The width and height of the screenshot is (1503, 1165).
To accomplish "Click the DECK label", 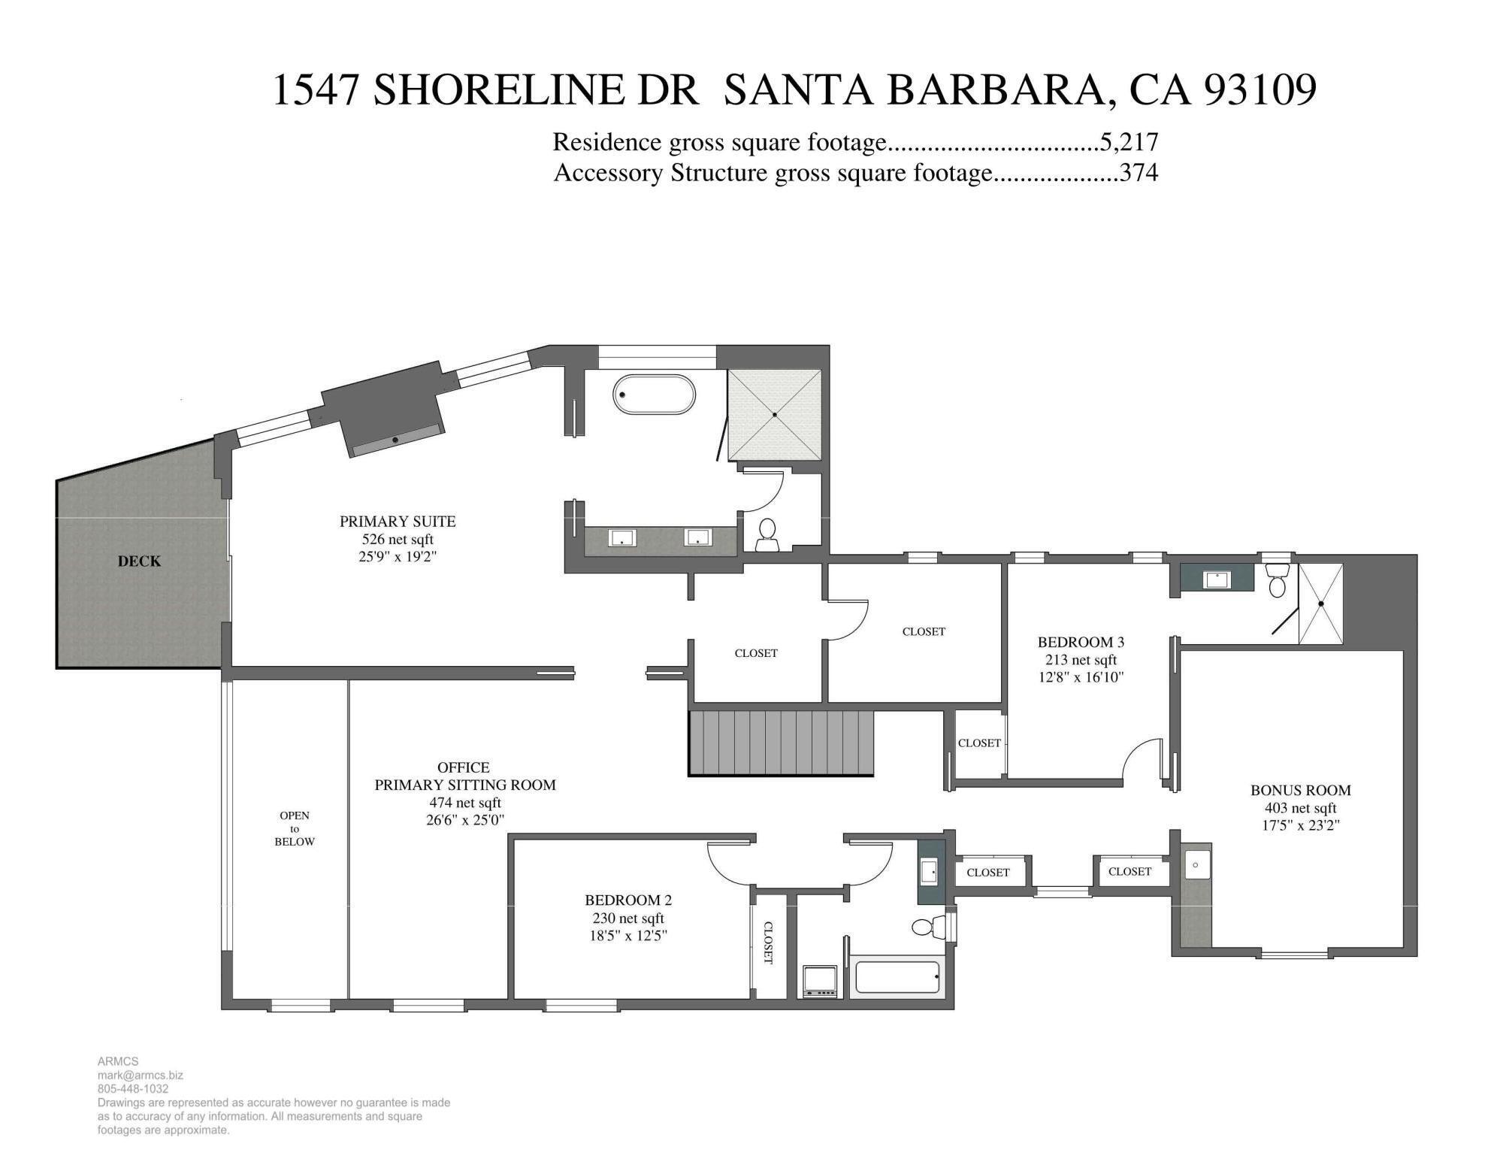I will [139, 561].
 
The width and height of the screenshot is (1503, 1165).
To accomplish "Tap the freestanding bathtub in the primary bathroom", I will [654, 394].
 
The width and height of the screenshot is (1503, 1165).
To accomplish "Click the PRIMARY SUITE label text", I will [398, 521].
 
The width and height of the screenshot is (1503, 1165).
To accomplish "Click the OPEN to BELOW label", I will [295, 828].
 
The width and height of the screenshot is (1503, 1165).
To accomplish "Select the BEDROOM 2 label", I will [628, 900].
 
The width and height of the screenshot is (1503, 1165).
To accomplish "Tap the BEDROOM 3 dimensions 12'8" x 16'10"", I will [1081, 676].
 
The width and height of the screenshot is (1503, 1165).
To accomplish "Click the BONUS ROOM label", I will [1300, 790].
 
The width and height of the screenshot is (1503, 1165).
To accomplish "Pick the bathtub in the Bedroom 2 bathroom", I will [897, 978].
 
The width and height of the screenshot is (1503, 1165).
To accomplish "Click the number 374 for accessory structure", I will [1139, 173].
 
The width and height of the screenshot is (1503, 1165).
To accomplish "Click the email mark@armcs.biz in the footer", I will [140, 1075].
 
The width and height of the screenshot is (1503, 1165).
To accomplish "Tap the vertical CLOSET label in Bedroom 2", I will [769, 943].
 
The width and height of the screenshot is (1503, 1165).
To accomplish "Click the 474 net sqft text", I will [465, 802].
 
